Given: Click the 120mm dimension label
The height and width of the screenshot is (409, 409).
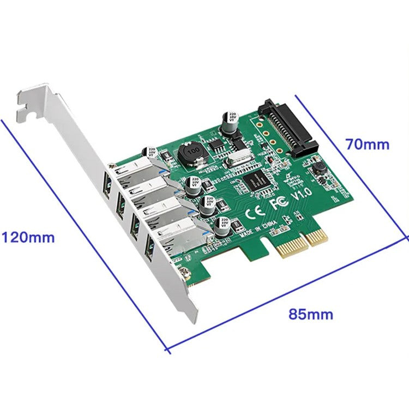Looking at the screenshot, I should (28, 238).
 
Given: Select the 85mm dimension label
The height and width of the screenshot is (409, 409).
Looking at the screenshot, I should (311, 315).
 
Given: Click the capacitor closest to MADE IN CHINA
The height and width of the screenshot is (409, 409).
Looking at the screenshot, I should (222, 226).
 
